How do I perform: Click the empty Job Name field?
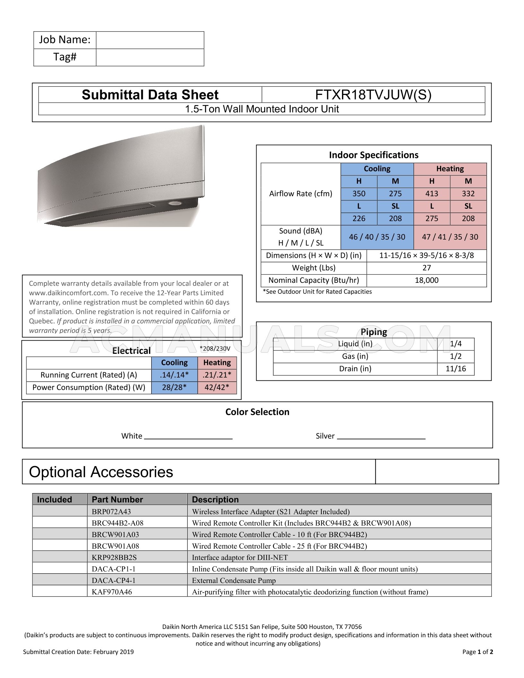coord(150,40)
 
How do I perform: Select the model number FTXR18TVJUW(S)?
coord(373,95)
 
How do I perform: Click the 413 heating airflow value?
coord(432,194)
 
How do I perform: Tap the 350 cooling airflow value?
coord(359,194)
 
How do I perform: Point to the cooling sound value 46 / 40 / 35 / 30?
coord(377,237)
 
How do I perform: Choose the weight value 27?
coord(426,268)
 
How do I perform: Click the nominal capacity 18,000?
coord(426,280)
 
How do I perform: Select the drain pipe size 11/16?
coord(456,369)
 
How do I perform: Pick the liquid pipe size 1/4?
coord(456,344)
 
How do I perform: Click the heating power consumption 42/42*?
coord(217,387)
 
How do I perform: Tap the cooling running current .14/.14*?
coord(174,375)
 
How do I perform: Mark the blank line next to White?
coord(188,437)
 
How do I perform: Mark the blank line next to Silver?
coord(381,437)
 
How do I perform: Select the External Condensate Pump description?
coord(234,580)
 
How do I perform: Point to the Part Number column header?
coord(117,500)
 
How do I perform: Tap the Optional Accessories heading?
coord(101,472)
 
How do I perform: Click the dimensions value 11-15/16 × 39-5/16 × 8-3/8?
coord(426,256)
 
